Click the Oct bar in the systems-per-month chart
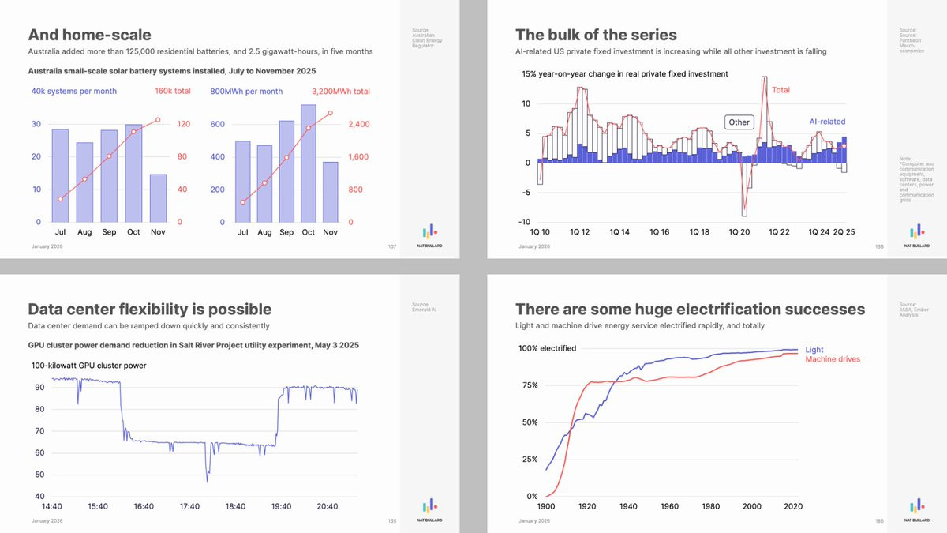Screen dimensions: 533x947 coord(133,173)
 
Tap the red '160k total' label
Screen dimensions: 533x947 coord(173,91)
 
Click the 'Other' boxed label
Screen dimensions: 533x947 coord(739,122)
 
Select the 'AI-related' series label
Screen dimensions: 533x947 coord(827,122)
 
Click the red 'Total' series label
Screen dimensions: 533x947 coord(780,90)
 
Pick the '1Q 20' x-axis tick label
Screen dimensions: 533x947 coord(739,232)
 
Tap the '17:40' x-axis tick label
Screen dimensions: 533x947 coord(190,506)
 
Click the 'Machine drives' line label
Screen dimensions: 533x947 coord(833,359)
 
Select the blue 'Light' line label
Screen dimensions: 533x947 coord(814,350)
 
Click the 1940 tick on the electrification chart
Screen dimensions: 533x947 coord(628,506)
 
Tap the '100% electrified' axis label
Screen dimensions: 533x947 coord(547,348)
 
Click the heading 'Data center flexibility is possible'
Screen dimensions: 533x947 coord(149,309)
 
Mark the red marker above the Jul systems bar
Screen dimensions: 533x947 coord(61,199)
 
